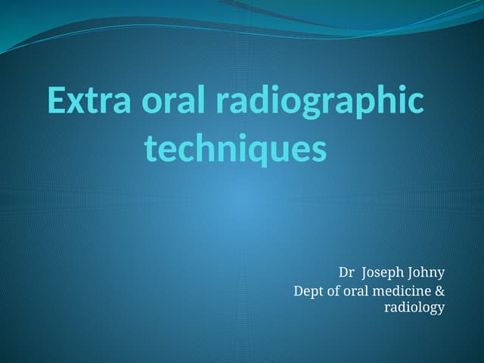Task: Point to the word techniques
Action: click(235, 149)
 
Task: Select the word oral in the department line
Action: click(360, 290)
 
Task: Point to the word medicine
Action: click(405, 290)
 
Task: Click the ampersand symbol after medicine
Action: click(439, 290)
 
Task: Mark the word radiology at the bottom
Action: click(414, 307)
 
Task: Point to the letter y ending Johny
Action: click(441, 275)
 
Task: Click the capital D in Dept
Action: click(298, 290)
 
